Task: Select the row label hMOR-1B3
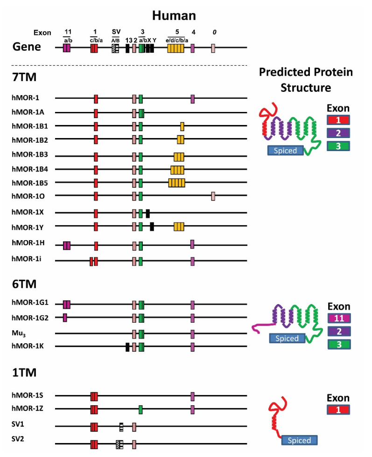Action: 29,156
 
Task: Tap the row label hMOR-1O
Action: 27,196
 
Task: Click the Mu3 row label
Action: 19,333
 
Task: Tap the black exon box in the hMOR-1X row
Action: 147,214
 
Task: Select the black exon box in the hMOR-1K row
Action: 127,346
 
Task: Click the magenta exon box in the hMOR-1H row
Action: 67,245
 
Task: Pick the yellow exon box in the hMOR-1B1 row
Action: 182,126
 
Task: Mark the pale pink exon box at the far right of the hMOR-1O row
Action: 213,196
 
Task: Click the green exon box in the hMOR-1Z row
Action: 140,410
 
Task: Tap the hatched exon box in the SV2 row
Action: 119,444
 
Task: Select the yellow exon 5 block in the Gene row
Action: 176,48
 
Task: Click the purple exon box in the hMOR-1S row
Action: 192,396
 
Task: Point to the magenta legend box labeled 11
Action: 339,318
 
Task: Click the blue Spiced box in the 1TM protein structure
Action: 299,440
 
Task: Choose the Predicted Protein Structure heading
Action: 306,79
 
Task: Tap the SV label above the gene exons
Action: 116,31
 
